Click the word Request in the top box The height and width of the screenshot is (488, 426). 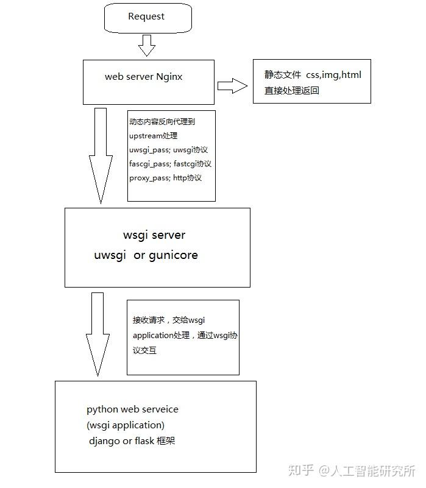(146, 17)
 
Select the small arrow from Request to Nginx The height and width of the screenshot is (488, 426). (147, 45)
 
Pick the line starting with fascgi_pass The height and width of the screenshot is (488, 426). (170, 163)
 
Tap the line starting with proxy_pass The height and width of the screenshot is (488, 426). (165, 178)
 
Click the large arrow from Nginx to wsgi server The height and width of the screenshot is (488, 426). (100, 155)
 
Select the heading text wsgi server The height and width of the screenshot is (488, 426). (154, 235)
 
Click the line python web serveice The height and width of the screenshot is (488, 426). (132, 409)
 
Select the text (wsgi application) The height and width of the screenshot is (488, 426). (126, 425)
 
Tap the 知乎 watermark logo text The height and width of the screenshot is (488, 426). (301, 471)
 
